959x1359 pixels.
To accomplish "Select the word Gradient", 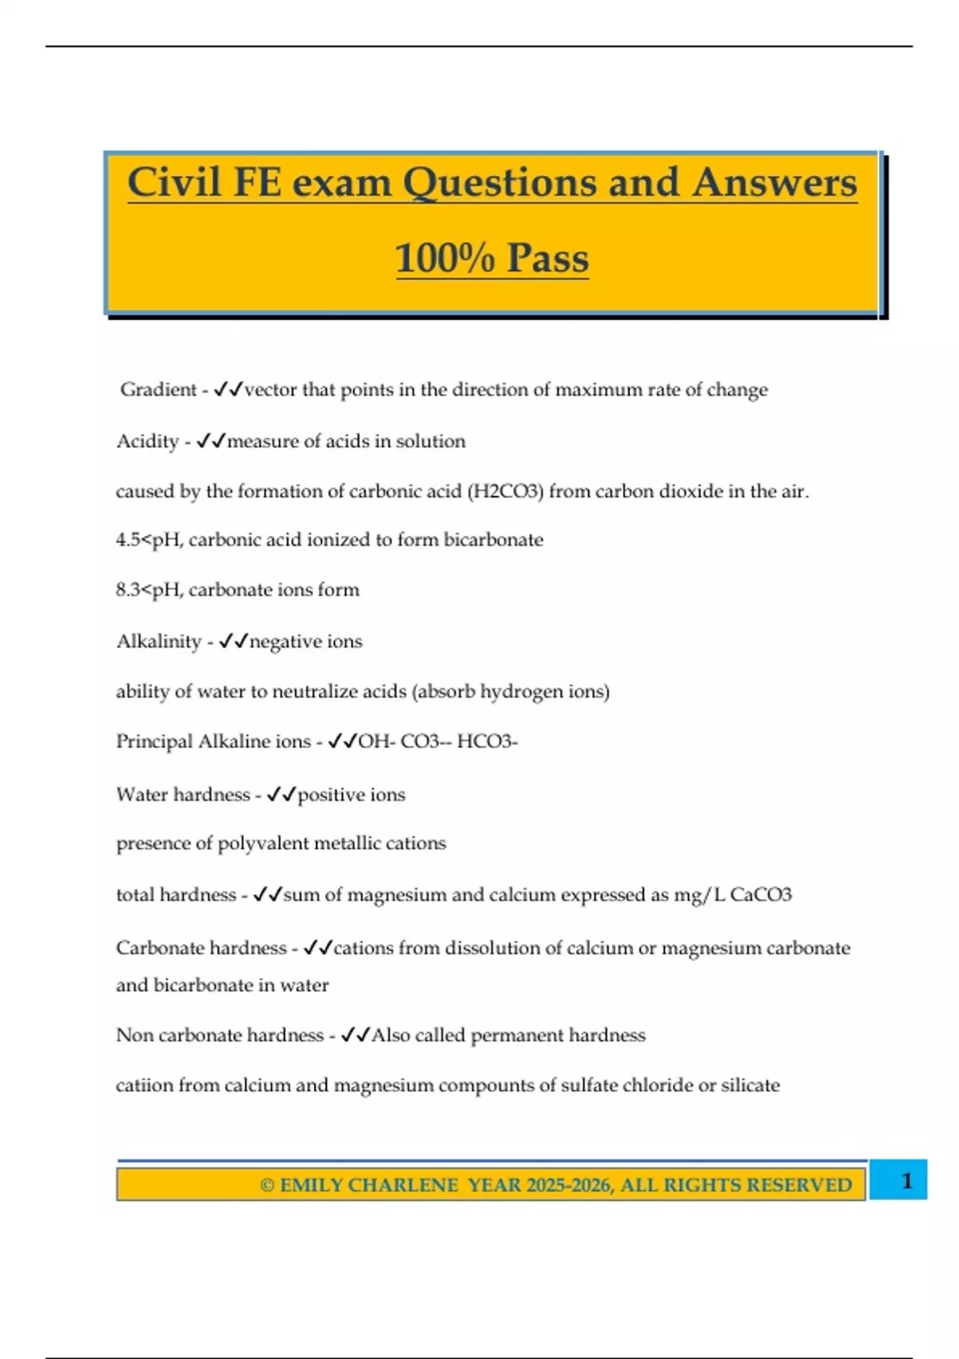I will click(158, 389).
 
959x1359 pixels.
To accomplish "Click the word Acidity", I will click(147, 440).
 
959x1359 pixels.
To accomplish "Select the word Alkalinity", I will click(158, 641).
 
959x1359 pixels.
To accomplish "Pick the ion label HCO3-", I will click(487, 741).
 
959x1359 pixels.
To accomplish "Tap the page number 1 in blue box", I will click(906, 1181).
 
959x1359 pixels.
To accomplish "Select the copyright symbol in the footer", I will click(267, 1185).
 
